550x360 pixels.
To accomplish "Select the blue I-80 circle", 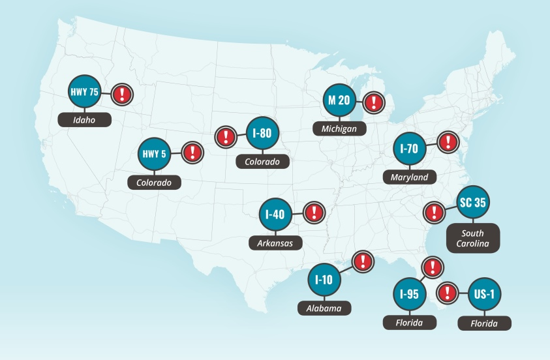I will [262, 134].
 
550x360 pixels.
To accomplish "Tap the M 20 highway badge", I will [339, 100].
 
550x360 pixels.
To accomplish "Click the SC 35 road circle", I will [472, 202].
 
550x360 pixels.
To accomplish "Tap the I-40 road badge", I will [275, 214].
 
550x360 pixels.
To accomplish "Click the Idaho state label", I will [84, 120].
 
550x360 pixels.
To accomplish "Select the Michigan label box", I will [339, 128].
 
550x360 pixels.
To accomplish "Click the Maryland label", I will [409, 177].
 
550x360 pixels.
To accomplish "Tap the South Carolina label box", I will [472, 238].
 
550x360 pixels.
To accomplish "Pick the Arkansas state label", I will [275, 243].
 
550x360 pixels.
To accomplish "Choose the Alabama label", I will [324, 308].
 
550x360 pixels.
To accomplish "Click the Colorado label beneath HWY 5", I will [154, 183].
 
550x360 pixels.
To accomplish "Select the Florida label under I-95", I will [409, 322].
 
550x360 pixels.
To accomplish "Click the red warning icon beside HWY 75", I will [121, 94].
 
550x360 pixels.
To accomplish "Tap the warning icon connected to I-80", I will [225, 136].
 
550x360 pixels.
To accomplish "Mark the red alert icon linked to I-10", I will [361, 262].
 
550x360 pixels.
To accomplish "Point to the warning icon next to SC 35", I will [433, 211].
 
